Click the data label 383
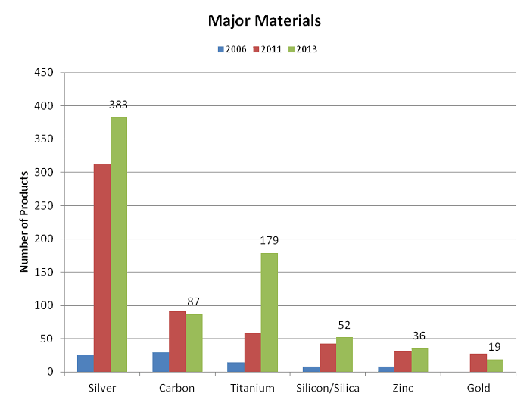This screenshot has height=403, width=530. [119, 105]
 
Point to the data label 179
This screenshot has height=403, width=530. [269, 241]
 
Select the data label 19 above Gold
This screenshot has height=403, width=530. [494, 347]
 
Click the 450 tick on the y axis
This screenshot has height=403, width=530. [48, 73]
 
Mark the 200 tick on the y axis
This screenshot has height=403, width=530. [48, 239]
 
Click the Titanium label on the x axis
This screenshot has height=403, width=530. [253, 387]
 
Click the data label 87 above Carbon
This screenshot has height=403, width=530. [194, 301]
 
